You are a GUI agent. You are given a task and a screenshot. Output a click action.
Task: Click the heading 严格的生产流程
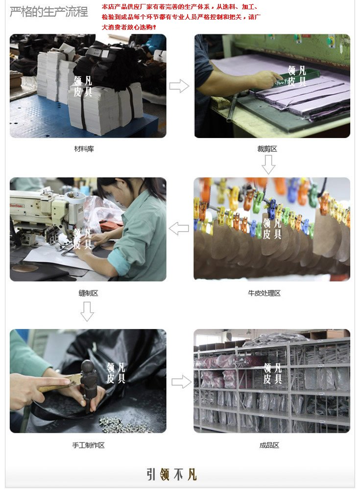point(48,12)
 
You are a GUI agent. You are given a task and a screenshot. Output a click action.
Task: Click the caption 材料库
point(84,149)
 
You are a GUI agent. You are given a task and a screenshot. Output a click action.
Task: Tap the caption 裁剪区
point(267,149)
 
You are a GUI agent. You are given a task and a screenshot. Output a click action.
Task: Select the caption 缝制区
point(88,293)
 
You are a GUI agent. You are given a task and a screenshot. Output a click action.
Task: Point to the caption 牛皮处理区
point(264,293)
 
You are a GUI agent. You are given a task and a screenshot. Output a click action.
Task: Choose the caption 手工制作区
point(88,445)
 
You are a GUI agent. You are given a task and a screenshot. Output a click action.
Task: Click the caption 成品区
point(269,445)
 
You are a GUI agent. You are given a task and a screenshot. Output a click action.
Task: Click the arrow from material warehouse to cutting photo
point(179,86)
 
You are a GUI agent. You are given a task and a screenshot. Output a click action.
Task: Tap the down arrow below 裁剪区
point(268,164)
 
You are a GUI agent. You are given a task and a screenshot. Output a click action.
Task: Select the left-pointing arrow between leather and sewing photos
point(179,229)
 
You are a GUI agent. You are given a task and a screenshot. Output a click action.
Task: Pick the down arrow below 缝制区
point(87,311)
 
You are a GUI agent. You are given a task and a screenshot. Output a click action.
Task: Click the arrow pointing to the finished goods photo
point(181,381)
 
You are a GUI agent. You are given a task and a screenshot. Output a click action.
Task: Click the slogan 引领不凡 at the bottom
point(172,474)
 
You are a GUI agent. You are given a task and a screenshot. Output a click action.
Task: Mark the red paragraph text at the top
point(181,17)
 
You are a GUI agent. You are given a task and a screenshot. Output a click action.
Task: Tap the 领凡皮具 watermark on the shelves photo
point(272,374)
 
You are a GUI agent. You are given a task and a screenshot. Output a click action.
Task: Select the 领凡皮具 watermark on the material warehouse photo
point(83,86)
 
